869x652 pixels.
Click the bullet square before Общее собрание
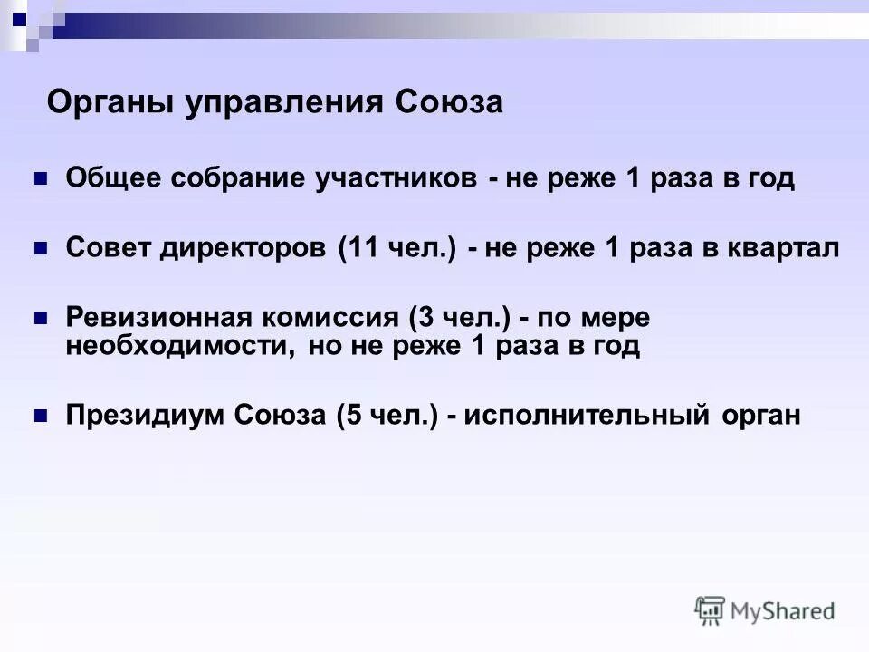point(40,178)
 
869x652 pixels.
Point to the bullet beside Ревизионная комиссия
point(40,319)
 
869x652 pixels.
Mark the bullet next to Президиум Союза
point(40,416)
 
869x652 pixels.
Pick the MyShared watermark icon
point(710,611)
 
